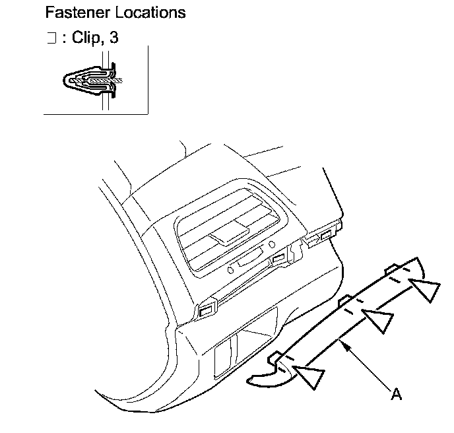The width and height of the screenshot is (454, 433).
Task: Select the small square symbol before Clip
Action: point(51,39)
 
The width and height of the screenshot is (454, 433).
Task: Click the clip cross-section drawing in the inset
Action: point(92,81)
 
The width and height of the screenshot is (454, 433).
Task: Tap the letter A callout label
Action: point(396,394)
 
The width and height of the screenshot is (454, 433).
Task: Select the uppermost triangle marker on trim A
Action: point(425,289)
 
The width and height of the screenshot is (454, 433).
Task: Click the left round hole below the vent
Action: point(230,270)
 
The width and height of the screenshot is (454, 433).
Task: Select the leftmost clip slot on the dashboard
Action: point(206,308)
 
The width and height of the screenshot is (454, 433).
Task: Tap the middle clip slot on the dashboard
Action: point(280,257)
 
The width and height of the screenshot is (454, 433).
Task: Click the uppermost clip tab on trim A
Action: point(391,268)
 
